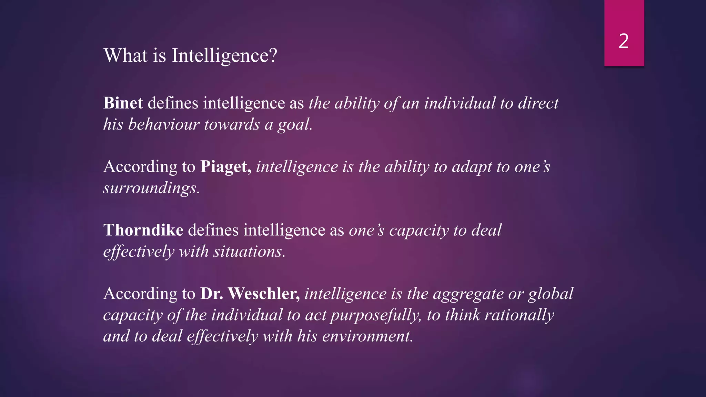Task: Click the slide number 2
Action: [624, 41]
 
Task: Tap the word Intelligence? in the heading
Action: [224, 55]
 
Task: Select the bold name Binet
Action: [123, 103]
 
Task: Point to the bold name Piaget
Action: [226, 167]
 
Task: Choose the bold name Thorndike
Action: [143, 230]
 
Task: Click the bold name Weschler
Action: [264, 294]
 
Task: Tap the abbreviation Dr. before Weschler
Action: [211, 294]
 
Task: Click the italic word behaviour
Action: [164, 124]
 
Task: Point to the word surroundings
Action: [151, 188]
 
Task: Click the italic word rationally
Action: [519, 315]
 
